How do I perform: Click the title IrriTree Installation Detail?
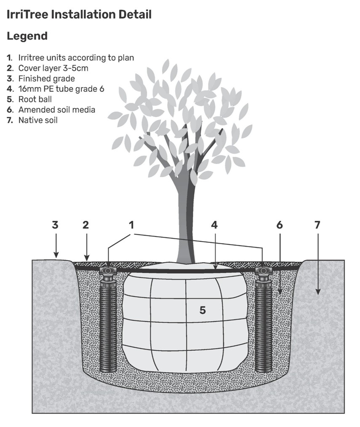79,15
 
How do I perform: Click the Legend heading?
27,36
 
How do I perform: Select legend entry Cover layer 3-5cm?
53,68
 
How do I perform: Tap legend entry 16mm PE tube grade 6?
61,89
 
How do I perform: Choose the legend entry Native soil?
37,120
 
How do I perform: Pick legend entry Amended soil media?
56,110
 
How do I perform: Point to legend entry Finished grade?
46,78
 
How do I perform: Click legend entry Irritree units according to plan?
76,58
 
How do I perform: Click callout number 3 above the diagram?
55,225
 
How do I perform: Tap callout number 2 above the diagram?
86,225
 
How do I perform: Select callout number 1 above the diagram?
132,225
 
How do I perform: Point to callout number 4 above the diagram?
214,225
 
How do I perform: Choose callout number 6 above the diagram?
280,225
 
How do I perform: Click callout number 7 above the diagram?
317,225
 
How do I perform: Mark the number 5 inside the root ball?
203,310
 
